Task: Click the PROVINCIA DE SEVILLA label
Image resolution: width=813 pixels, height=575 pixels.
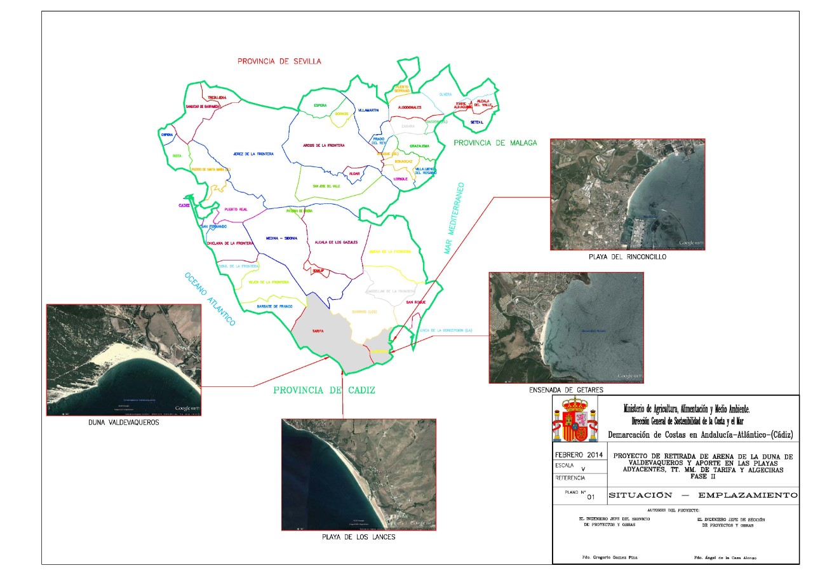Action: pos(279,62)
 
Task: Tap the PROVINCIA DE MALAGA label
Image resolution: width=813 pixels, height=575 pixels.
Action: pos(495,143)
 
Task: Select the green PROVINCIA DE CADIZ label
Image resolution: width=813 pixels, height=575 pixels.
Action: pos(324,390)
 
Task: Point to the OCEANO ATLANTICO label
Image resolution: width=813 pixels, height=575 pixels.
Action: pos(210,299)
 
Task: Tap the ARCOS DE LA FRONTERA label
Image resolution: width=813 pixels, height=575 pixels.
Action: pos(324,145)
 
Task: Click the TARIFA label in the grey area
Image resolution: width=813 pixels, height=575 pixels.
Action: pos(318,332)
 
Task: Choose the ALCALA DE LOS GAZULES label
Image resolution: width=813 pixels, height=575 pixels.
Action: pos(332,242)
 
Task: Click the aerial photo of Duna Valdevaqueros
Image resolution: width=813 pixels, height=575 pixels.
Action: pos(124,360)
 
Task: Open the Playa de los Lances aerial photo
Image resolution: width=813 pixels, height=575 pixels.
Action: pos(359,474)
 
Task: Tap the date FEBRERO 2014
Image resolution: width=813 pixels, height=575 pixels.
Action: pos(578,456)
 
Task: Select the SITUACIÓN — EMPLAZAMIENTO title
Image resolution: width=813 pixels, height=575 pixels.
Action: pos(702,495)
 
